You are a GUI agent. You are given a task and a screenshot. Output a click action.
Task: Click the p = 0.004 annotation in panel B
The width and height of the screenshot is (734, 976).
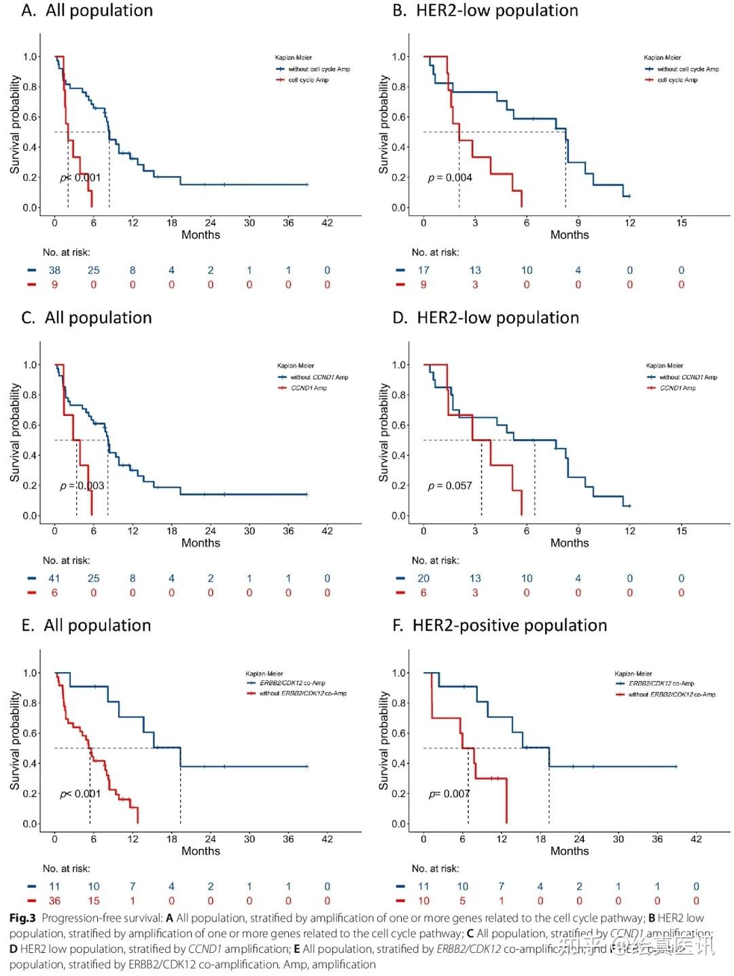[x=450, y=177]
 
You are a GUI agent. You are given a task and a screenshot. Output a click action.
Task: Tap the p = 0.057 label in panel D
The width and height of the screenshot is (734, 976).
[x=450, y=485]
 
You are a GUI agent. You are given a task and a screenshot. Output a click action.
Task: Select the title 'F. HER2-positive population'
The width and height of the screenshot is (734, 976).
[x=500, y=625]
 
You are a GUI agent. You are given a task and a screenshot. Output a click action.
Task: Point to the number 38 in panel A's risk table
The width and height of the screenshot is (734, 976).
[x=54, y=270]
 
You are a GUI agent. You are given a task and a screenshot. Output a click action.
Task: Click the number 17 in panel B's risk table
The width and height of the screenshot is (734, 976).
[x=423, y=270]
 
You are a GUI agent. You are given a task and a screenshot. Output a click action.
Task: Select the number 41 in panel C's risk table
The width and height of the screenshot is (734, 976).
[x=54, y=578]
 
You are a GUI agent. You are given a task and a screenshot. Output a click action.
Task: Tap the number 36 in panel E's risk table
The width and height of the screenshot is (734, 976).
[x=54, y=901]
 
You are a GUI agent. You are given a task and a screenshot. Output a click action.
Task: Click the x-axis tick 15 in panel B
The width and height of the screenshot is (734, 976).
[x=681, y=222]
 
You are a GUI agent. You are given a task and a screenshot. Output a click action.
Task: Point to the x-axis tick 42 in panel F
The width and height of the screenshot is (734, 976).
[x=696, y=839]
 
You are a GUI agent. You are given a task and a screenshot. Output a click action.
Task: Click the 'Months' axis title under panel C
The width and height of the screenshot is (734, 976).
[x=200, y=543]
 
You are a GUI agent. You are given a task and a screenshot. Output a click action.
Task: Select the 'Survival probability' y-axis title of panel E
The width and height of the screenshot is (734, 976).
[x=14, y=741]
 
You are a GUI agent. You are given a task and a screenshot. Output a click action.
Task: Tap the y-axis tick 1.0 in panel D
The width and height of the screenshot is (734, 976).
[x=400, y=365]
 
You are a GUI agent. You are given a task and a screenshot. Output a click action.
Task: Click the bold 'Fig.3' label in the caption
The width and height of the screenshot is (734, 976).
[x=22, y=918]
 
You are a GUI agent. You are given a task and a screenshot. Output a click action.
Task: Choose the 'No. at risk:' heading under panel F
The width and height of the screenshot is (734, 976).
[x=435, y=868]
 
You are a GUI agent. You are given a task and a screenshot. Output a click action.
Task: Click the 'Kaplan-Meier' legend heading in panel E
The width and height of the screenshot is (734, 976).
[x=264, y=674]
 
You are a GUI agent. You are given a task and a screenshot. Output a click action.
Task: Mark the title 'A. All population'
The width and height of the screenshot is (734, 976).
[x=87, y=10]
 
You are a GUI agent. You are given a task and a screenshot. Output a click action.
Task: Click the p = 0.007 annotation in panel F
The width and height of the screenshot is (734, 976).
[x=449, y=794]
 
